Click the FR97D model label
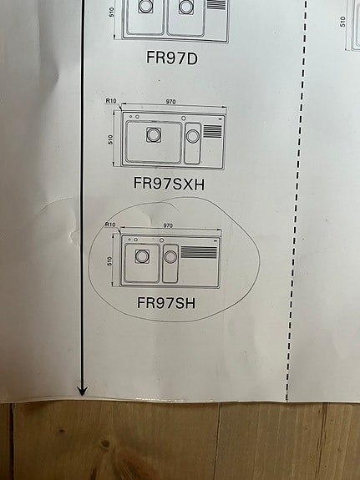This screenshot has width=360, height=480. coord(172,58)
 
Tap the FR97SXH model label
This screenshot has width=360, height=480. coord(169,184)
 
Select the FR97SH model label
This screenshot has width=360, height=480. coord(166,303)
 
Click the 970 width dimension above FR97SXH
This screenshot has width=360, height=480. coord(170,102)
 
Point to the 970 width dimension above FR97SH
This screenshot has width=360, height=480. coord(168,225)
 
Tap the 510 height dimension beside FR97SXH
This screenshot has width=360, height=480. coord(110,139)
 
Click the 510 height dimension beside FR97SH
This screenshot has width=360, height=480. coord(109,261)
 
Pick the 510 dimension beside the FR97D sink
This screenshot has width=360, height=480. coord(111,12)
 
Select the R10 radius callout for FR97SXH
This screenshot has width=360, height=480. coord(111,101)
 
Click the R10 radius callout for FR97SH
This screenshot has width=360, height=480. coord(110,225)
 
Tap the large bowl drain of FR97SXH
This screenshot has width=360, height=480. coord(154,134)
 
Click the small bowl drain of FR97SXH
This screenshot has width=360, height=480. coord(193,136)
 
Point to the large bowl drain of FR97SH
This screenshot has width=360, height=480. coord(142,256)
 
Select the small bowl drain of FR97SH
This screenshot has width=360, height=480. coord(170,257)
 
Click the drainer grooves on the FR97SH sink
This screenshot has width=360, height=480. coord(199,252)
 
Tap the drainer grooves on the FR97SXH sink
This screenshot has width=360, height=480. coord(212,131)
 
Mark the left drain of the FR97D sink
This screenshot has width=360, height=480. coord(145,6)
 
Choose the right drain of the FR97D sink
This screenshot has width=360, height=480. coord(186,7)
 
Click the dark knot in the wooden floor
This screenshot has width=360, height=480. coord(105,443)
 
